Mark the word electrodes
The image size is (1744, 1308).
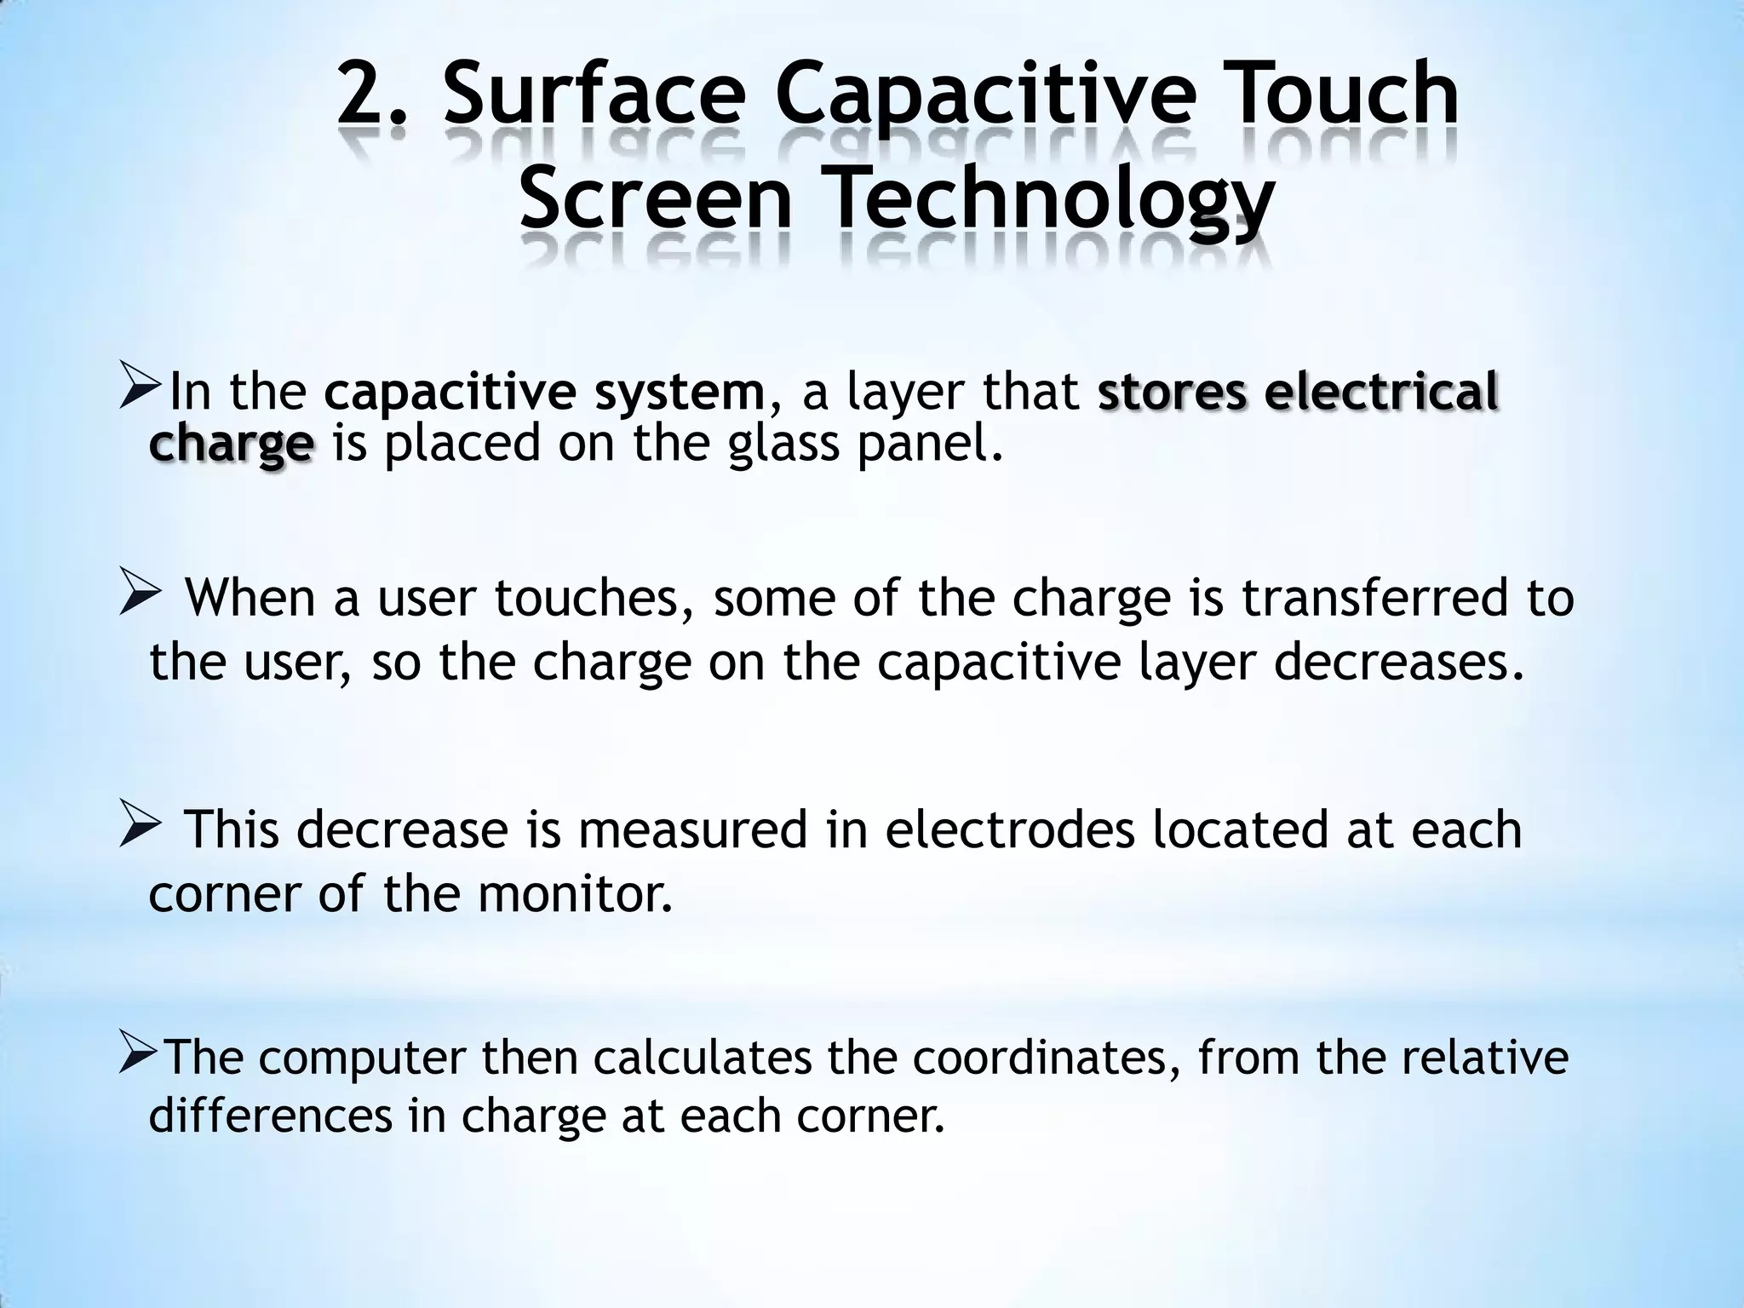tap(1010, 829)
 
